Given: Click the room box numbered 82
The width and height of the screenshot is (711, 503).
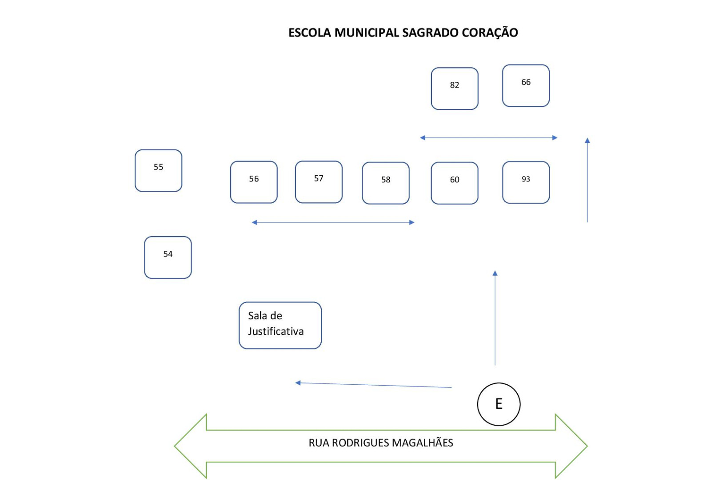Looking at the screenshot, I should pyautogui.click(x=455, y=89).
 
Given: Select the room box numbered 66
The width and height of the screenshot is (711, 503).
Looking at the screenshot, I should pyautogui.click(x=526, y=86).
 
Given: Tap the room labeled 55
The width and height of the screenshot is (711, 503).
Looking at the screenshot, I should pyautogui.click(x=158, y=171).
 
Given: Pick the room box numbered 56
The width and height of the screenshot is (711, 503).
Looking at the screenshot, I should pyautogui.click(x=254, y=182).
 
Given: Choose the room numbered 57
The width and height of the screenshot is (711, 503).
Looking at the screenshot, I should pyautogui.click(x=319, y=182).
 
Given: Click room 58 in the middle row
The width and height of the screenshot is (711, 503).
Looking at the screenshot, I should pyautogui.click(x=386, y=183).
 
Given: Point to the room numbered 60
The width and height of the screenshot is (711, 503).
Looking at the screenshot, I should pyautogui.click(x=455, y=183).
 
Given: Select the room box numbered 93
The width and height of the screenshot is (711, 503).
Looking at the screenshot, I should pyautogui.click(x=526, y=182).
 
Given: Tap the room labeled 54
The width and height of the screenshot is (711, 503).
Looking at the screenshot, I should pyautogui.click(x=168, y=258).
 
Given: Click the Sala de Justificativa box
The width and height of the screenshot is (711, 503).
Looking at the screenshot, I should pyautogui.click(x=280, y=325).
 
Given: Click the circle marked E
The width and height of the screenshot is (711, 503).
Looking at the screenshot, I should pyautogui.click(x=499, y=404).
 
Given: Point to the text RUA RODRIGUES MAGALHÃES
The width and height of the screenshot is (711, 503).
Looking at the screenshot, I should pyautogui.click(x=381, y=443).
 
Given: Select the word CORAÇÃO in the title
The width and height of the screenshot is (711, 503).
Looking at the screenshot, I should pyautogui.click(x=490, y=33).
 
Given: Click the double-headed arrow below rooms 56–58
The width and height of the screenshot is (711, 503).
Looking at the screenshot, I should pyautogui.click(x=333, y=222).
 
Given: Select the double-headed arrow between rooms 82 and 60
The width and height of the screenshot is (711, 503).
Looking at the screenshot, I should pyautogui.click(x=489, y=138).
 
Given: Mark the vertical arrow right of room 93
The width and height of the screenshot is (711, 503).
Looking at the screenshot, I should pyautogui.click(x=587, y=180).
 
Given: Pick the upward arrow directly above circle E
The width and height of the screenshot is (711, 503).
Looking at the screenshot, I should pyautogui.click(x=495, y=318).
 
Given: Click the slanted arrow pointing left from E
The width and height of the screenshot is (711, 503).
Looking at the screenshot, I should pyautogui.click(x=373, y=385).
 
